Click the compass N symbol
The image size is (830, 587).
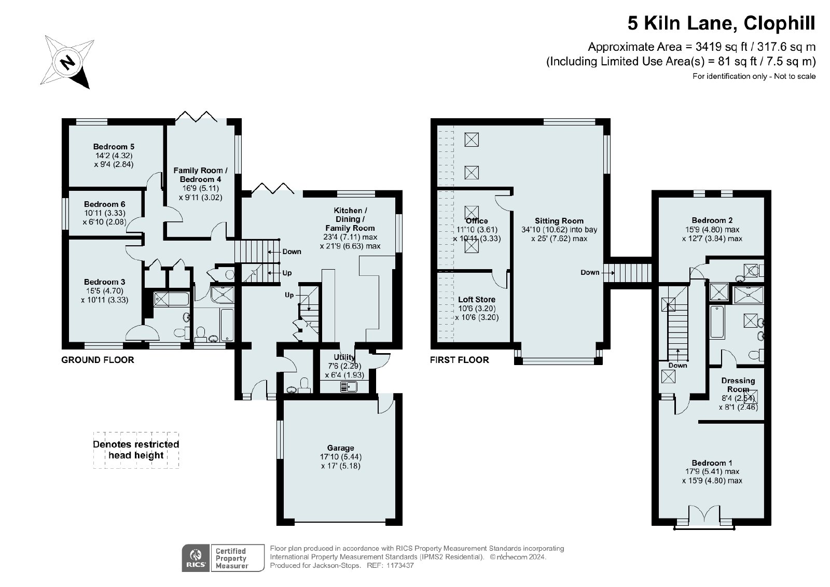coord(67,62)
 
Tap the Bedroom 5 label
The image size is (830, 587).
coord(114,147)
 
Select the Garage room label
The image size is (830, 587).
coord(340,448)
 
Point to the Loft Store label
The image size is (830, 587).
coord(477,300)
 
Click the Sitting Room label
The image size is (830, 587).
coord(559,221)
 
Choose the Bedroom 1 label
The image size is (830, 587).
coord(712,463)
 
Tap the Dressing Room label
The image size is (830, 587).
coord(738,385)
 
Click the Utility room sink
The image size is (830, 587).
coord(348,387)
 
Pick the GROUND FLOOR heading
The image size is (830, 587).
coord(98,360)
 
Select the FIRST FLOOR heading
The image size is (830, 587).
coord(460,360)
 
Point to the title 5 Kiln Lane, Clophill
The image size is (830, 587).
coord(722,23)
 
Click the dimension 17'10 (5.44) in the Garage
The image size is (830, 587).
coord(340,457)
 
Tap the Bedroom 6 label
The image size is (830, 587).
coord(104,204)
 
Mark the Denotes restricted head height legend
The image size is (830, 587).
coord(136,450)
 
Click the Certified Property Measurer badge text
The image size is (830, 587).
coord(231,558)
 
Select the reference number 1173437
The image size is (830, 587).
coord(400,566)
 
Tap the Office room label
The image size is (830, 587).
coord(477,221)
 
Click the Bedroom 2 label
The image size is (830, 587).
coord(712,221)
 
